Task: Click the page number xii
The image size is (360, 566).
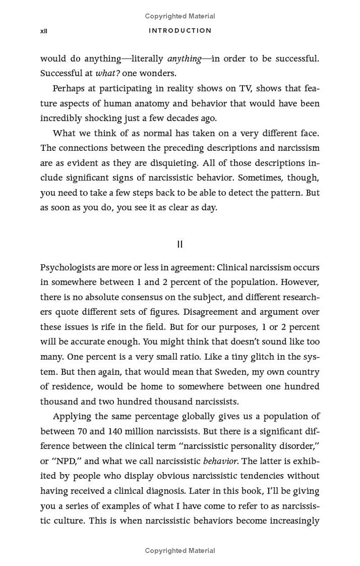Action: [44, 31]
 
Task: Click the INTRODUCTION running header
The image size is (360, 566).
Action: [180, 31]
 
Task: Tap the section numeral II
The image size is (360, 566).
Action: [180, 245]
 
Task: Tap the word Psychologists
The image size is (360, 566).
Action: [68, 267]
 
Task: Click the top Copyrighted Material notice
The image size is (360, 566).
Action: [180, 16]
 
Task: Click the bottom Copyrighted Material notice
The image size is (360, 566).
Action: [180, 550]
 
